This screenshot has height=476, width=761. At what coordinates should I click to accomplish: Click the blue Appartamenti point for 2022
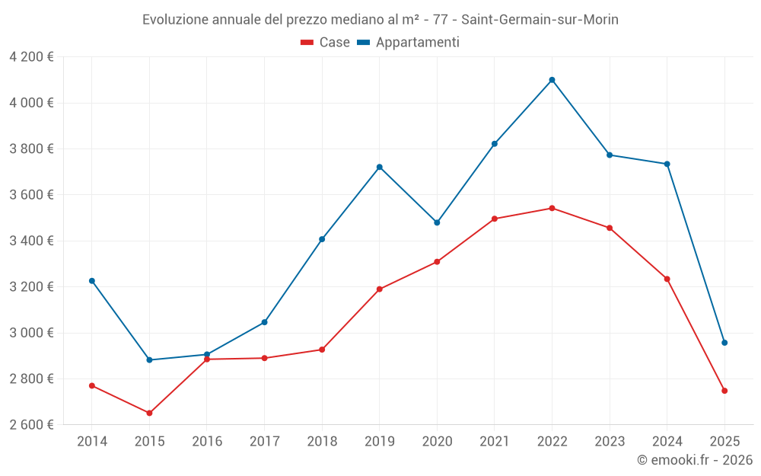(552, 80)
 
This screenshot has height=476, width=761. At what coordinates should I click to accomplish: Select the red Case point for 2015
(149, 413)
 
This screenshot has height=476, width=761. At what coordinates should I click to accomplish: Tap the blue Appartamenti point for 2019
(379, 167)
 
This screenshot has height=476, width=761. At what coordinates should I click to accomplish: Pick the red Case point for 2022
(552, 208)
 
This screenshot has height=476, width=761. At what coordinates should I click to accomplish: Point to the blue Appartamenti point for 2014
(92, 281)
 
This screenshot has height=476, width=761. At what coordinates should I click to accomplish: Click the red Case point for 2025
(724, 391)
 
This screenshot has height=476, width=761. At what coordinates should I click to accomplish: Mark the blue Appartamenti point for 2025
(724, 343)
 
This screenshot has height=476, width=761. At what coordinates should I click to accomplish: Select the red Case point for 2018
(322, 350)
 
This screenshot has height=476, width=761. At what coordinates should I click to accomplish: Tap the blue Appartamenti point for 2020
(437, 222)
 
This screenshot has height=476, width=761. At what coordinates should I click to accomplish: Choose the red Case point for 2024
(667, 279)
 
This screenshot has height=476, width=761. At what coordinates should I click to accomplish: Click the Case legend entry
(326, 43)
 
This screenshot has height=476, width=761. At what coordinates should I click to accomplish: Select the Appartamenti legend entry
(409, 43)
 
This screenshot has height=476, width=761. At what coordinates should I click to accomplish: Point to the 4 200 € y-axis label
(31, 57)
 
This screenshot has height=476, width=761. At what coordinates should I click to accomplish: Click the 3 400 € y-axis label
(31, 241)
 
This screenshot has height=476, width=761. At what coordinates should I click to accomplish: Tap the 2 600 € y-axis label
(31, 425)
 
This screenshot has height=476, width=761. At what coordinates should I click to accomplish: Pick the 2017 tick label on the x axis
(264, 442)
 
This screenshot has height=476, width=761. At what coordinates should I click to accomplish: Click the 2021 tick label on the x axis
(495, 442)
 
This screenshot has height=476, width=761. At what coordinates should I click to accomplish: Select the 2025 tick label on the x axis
(724, 442)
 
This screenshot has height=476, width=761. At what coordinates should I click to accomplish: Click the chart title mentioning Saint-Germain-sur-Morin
(380, 20)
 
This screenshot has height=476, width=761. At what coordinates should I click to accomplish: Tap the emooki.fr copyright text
(694, 460)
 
